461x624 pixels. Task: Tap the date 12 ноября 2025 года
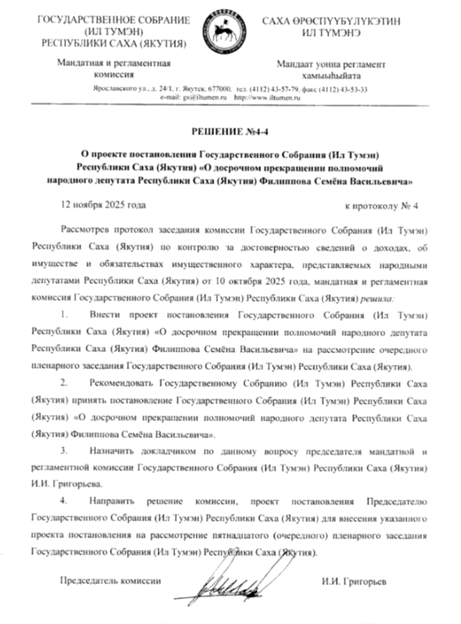[103, 205]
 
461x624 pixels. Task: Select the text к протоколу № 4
[382, 206]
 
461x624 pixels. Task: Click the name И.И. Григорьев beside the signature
[354, 581]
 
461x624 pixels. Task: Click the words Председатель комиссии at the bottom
[111, 581]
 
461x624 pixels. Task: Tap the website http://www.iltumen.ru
[266, 97]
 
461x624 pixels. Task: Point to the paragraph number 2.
[64, 383]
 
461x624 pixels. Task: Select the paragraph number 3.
[64, 452]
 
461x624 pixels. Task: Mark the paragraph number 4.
[64, 499]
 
